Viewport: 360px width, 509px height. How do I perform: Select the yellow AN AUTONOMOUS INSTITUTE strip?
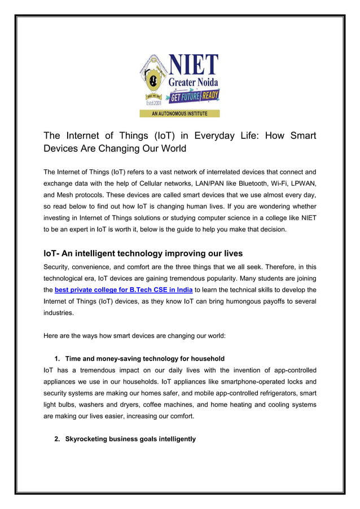pos(179,113)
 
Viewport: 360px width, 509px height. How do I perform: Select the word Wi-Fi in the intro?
pos(280,183)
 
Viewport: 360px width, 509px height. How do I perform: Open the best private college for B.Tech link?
pos(124,289)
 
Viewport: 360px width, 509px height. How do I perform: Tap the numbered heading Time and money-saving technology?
pos(144,358)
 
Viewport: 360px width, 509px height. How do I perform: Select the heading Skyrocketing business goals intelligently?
pos(130,438)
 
